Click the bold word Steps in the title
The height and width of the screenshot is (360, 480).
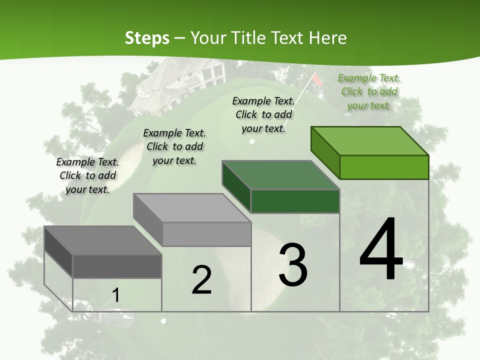[147, 38]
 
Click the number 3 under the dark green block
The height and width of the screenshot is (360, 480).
[292, 264]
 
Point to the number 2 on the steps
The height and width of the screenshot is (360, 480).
[201, 280]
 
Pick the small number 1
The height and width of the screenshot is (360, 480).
[115, 295]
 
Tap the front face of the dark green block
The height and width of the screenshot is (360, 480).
[295, 201]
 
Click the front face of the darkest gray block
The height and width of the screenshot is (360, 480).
[117, 266]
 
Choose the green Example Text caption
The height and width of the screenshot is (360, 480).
[369, 91]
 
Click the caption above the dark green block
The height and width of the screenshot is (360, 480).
[263, 114]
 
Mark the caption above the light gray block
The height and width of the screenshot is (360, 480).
[174, 146]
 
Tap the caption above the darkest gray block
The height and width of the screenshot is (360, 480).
[87, 175]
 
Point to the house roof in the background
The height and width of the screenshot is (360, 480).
[165, 80]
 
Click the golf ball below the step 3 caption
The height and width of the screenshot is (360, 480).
[252, 141]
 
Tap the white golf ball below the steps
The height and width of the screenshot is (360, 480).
[162, 321]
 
